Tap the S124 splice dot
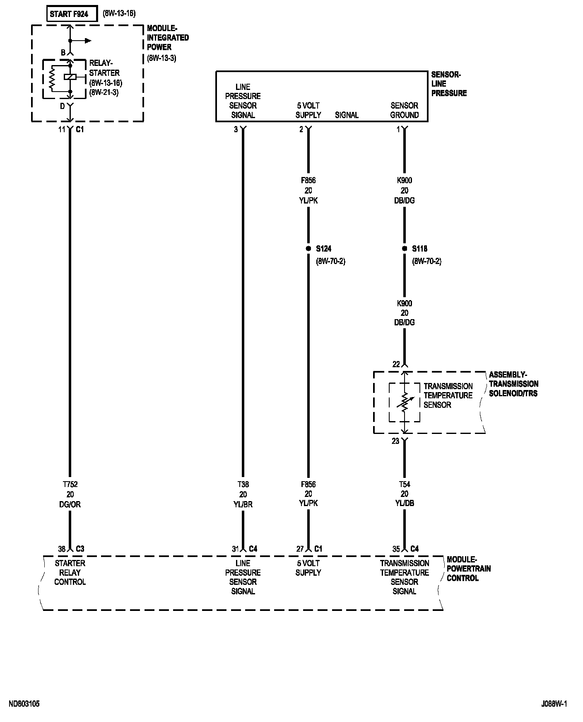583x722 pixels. [308, 249]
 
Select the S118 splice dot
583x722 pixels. [405, 249]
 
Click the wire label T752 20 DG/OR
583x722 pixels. [70, 494]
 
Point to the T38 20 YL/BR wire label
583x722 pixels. [243, 494]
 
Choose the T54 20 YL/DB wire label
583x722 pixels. [405, 494]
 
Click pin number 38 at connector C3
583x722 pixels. [62, 549]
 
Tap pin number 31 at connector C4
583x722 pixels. [235, 549]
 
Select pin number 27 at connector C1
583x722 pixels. [300, 549]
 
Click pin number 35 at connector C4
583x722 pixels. [396, 549]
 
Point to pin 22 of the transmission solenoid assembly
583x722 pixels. [396, 364]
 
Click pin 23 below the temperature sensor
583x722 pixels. [396, 441]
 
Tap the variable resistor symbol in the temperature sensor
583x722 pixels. [405, 402]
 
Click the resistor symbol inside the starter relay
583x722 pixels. [52, 79]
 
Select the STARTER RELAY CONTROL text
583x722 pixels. [70, 573]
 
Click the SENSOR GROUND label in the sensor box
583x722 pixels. [405, 110]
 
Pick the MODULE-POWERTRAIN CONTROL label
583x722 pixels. [469, 569]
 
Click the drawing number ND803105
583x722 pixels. [24, 704]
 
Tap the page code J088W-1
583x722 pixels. [554, 704]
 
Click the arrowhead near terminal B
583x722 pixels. [88, 41]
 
